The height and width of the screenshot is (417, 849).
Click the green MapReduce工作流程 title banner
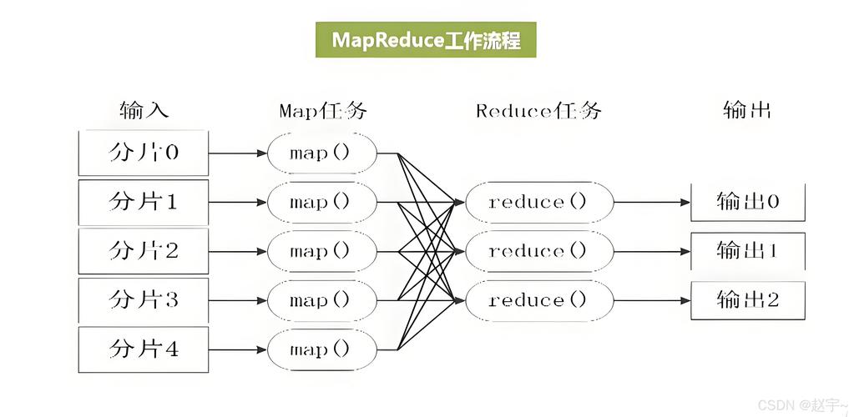tap(426, 39)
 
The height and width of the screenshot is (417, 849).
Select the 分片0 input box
tap(143, 153)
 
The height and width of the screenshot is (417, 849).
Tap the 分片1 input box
tap(143, 202)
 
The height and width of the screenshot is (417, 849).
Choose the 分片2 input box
tap(143, 251)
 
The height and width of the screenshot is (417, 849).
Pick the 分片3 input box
tap(143, 300)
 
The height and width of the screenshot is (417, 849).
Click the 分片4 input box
tap(143, 349)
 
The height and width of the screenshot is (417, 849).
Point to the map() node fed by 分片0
tap(321, 153)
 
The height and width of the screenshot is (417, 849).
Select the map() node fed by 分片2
tap(321, 251)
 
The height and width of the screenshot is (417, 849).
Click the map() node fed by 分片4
tap(321, 349)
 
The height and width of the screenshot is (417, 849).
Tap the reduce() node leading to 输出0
tap(538, 202)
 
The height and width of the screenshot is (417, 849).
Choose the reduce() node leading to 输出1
tap(538, 251)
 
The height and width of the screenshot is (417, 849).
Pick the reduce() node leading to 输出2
tap(538, 300)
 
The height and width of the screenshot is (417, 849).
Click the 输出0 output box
tap(747, 202)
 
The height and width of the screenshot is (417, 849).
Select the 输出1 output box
tap(747, 250)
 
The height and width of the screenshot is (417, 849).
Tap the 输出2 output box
tap(747, 300)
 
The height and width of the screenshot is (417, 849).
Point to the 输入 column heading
tap(144, 110)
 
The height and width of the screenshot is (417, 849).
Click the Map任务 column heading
tap(322, 110)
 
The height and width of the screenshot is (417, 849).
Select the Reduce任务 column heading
tap(538, 110)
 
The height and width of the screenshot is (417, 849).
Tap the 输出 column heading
tap(746, 110)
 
